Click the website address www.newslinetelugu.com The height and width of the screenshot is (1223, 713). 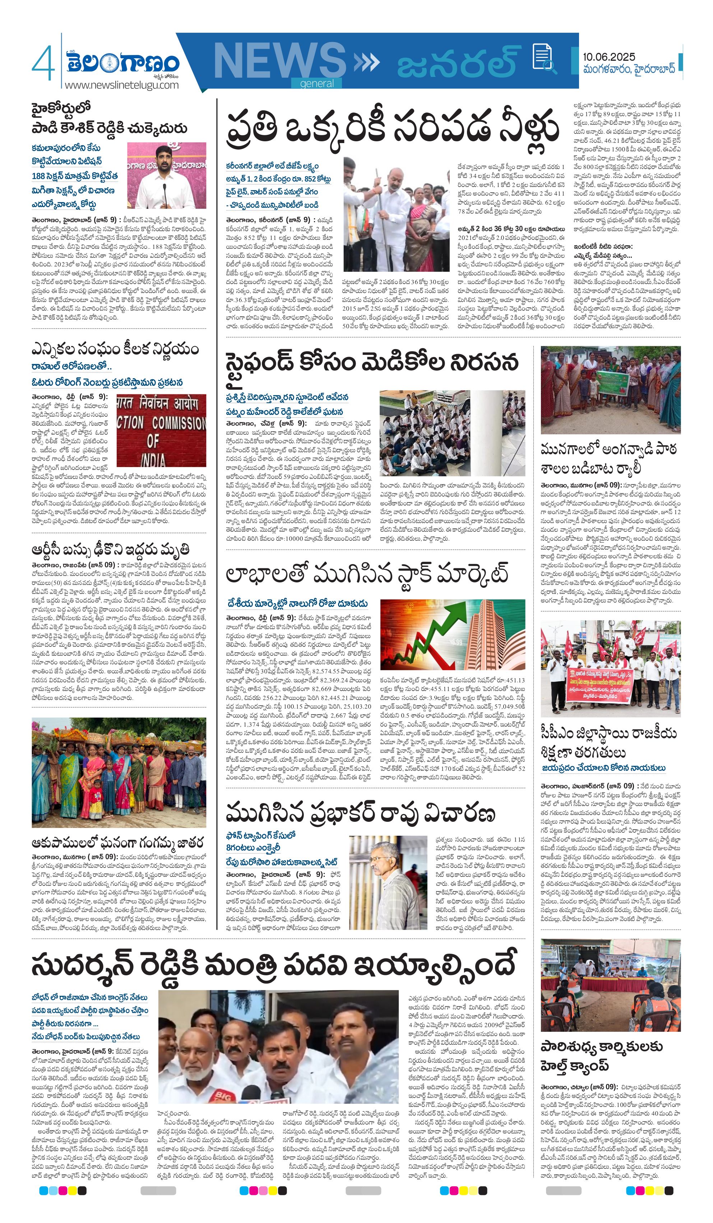121,86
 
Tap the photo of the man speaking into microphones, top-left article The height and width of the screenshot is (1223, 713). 166,176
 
